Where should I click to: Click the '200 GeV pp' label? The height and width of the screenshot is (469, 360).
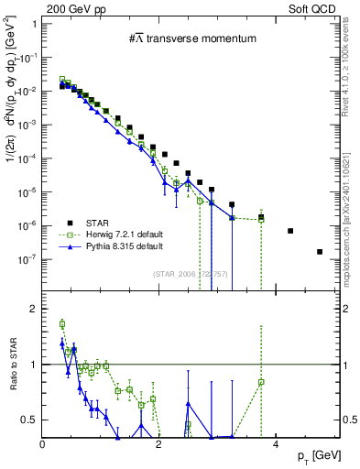coord(72,7)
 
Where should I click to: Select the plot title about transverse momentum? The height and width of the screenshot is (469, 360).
coord(191,38)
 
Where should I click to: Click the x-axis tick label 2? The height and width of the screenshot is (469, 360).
coord(158,444)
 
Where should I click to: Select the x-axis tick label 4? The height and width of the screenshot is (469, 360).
coord(275,444)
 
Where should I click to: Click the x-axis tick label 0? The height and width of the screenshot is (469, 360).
coord(43,444)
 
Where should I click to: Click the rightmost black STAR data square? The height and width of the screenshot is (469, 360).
coord(320,252)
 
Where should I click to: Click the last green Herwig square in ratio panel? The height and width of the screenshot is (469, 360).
coord(262,382)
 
